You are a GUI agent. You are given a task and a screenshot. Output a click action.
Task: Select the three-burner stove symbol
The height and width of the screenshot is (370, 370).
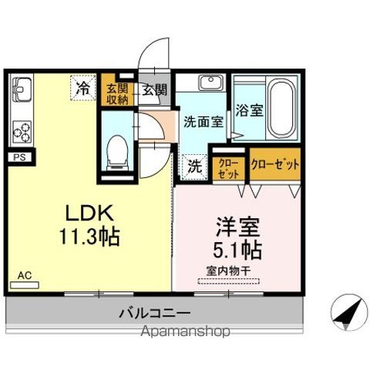coord(22,130)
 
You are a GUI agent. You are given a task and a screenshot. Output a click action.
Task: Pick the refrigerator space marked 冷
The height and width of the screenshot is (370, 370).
coord(82,88)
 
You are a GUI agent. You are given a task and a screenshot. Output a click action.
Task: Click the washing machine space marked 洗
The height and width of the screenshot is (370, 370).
coord(196,164)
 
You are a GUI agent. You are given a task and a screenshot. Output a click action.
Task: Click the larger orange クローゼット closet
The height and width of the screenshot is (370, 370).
coord(274,164)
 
